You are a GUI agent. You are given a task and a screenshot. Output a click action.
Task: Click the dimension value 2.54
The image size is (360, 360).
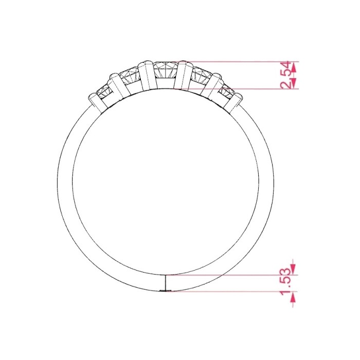pyautogui.click(x=285, y=75)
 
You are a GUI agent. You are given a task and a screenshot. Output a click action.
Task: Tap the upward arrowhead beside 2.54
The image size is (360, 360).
pyautogui.click(x=294, y=67)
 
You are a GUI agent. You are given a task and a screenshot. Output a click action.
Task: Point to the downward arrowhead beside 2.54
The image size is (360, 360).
pyautogui.click(x=294, y=83)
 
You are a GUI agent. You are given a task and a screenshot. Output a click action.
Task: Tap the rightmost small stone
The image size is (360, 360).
pyautogui.click(x=227, y=92)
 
